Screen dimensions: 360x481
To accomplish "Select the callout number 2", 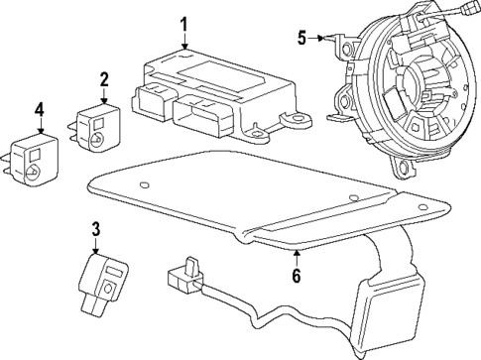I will coord(103,78).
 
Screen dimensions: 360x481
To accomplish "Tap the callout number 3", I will coord(96,230).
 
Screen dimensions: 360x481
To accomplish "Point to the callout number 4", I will coord(39,108).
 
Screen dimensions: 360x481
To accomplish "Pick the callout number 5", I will coord(302,39).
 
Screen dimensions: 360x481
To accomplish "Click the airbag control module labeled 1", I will coord(213,94).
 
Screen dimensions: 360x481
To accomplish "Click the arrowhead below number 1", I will coord(183,45).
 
